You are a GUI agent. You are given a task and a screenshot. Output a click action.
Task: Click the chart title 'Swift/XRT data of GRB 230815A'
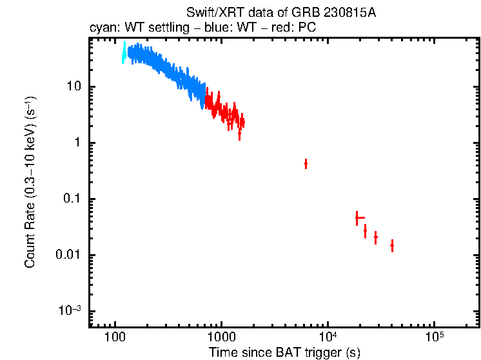[x=280, y=14]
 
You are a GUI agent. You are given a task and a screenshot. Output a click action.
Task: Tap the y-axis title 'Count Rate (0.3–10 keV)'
[x=30, y=183]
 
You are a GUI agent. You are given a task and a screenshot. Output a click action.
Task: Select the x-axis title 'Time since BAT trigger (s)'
[x=284, y=352]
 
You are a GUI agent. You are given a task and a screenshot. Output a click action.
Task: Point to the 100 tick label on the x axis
[x=115, y=338]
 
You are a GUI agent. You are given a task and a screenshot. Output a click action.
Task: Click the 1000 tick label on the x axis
[x=221, y=338]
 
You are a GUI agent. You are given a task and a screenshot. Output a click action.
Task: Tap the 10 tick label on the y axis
[x=72, y=87]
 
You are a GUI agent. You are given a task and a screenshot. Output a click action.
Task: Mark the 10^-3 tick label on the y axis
[x=70, y=310]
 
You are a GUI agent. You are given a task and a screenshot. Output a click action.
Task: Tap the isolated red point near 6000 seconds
[x=306, y=164]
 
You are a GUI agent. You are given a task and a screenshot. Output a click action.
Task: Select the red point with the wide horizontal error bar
[x=357, y=218]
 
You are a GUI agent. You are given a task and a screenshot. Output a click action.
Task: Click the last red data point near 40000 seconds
[x=392, y=246]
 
